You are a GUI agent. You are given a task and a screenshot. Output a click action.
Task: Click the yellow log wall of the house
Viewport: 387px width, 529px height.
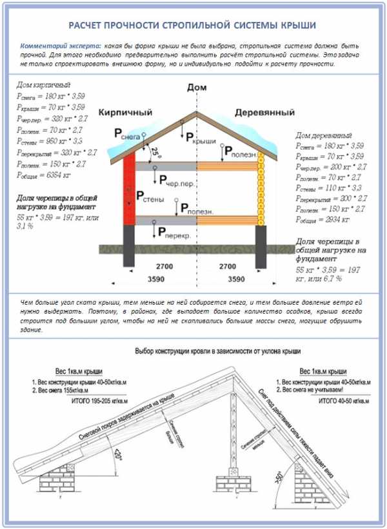pos(262,187)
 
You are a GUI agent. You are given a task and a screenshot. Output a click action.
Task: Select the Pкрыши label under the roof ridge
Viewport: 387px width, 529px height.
pos(200,137)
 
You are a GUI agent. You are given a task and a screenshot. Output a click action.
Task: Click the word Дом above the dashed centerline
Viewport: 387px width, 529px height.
pos(195,87)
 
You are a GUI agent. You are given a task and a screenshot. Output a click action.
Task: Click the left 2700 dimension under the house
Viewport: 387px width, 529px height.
pos(162,265)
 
